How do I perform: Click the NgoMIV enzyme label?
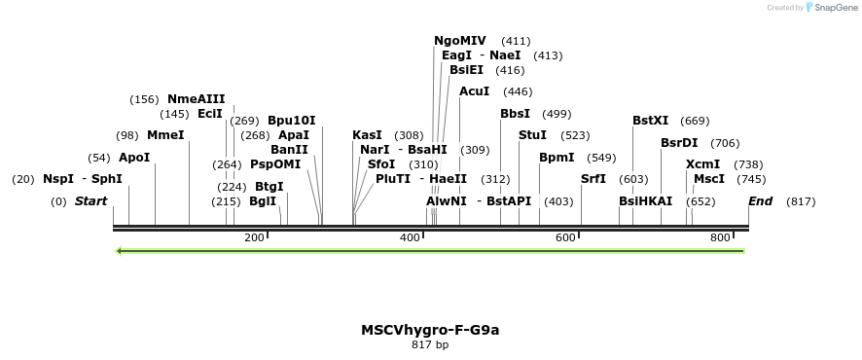click(459, 41)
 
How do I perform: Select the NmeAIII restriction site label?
click(196, 99)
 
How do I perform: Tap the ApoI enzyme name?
click(134, 158)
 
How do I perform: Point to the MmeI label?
click(165, 135)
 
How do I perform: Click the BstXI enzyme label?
click(650, 121)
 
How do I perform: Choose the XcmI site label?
click(702, 164)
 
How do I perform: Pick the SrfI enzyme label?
click(593, 179)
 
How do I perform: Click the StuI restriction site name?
click(532, 135)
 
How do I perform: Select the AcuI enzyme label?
click(475, 91)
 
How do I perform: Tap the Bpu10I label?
click(292, 121)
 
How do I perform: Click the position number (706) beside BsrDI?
click(725, 143)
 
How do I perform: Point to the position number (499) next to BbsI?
click(557, 114)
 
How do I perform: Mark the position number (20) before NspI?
click(23, 179)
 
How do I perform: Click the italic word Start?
click(90, 201)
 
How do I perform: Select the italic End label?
click(760, 201)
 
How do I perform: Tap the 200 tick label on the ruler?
click(254, 237)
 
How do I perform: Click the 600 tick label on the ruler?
click(565, 237)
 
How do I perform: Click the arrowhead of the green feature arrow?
click(120, 251)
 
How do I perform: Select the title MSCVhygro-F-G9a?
click(430, 330)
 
